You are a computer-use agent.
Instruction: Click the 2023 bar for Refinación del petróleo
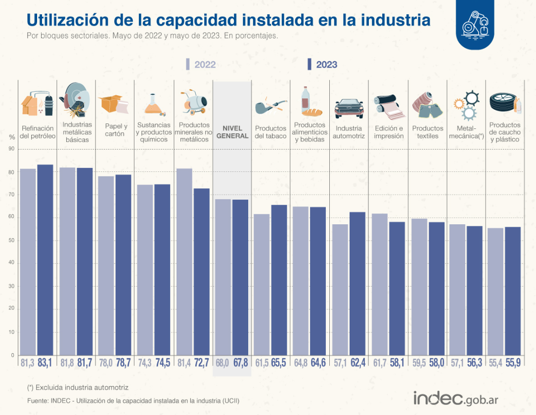[45, 260]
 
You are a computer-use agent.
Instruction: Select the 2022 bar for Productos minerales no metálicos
[184, 262]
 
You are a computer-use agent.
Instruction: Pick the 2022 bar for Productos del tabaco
[262, 285]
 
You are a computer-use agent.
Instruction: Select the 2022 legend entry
[201, 65]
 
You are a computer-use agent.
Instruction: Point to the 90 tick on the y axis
[12, 149]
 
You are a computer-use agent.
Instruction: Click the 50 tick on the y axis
[12, 241]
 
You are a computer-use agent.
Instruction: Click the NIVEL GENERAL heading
[232, 132]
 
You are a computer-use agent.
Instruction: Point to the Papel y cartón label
[116, 130]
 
